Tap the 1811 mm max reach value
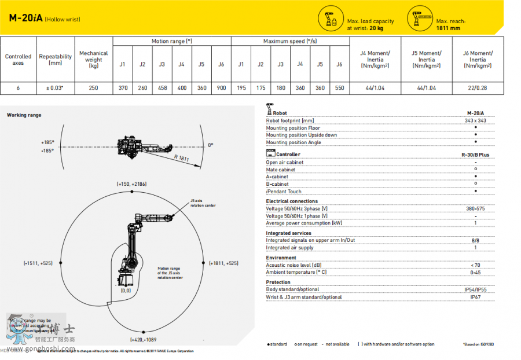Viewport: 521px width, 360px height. click(x=449, y=28)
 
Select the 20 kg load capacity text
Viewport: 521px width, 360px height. click(x=376, y=28)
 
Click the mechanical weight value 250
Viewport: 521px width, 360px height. click(x=93, y=89)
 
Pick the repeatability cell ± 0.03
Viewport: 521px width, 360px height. click(x=55, y=89)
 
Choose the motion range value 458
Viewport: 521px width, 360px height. click(x=162, y=89)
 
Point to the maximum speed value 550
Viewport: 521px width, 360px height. click(x=339, y=89)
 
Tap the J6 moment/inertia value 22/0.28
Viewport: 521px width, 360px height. click(x=478, y=89)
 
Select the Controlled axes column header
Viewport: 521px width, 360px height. click(x=18, y=60)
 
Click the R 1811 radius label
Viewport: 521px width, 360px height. click(x=181, y=157)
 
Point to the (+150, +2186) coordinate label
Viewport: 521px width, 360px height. click(x=131, y=184)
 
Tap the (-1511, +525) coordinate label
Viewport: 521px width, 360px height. click(x=38, y=263)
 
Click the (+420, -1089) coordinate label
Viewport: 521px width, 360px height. click(x=144, y=339)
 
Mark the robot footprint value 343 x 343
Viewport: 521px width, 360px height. click(x=475, y=120)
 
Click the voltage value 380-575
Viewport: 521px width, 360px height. click(x=475, y=208)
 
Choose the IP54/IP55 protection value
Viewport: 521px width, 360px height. click(x=475, y=289)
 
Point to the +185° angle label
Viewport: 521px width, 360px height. click(x=47, y=142)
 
